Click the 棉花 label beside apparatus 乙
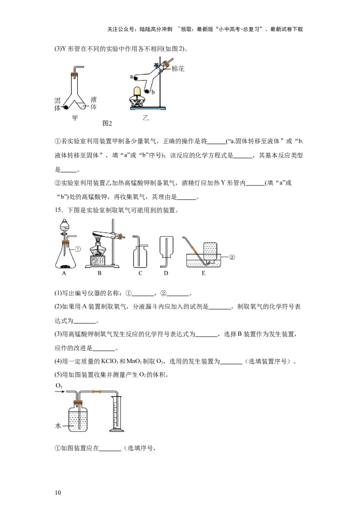pyautogui.click(x=178, y=69)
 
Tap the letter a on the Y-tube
pyautogui.click(x=131, y=77)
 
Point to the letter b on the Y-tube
pyautogui.click(x=153, y=92)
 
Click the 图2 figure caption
pyautogui.click(x=107, y=123)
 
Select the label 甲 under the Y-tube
pyautogui.click(x=75, y=117)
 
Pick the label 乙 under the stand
pyautogui.click(x=145, y=117)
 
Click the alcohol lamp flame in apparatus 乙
pyautogui.click(x=138, y=91)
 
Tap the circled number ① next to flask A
pyautogui.click(x=78, y=249)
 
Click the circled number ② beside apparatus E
pyautogui.click(x=232, y=257)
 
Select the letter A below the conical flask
pyautogui.click(x=64, y=273)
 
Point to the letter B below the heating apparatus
pyautogui.click(x=99, y=273)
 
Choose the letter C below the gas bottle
pyautogui.click(x=140, y=273)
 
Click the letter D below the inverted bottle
pyautogui.click(x=166, y=273)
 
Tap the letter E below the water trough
pyautogui.click(x=203, y=273)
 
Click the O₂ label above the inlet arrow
pyautogui.click(x=59, y=386)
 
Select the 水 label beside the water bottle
pyautogui.click(x=58, y=426)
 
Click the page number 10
pyautogui.click(x=58, y=492)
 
